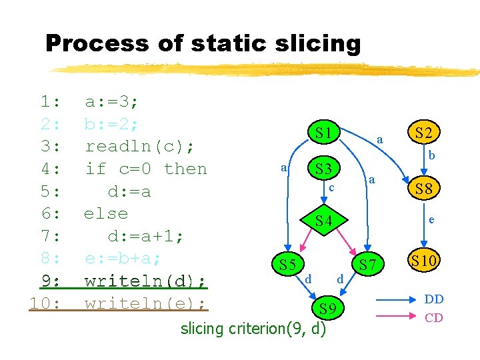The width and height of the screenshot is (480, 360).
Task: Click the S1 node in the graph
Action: pyautogui.click(x=324, y=133)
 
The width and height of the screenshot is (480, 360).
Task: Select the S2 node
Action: pyautogui.click(x=424, y=133)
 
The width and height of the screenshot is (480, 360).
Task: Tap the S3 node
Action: pyautogui.click(x=324, y=168)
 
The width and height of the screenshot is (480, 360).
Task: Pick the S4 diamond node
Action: pyautogui.click(x=324, y=220)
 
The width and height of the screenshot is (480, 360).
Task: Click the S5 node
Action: pyautogui.click(x=287, y=265)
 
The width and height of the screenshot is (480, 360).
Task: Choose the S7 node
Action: pyautogui.click(x=368, y=265)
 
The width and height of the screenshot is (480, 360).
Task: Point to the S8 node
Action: pyautogui.click(x=424, y=189)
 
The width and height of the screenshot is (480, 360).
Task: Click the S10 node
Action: pyautogui.click(x=424, y=261)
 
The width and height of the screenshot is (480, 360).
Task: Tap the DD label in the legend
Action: pyautogui.click(x=434, y=299)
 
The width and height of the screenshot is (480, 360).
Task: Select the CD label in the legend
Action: pyautogui.click(x=434, y=317)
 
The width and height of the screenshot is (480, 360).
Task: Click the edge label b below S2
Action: pyautogui.click(x=431, y=156)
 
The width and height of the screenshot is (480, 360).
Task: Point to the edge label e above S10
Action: pyautogui.click(x=431, y=218)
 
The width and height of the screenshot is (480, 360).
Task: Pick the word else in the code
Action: pyautogui.click(x=105, y=213)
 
